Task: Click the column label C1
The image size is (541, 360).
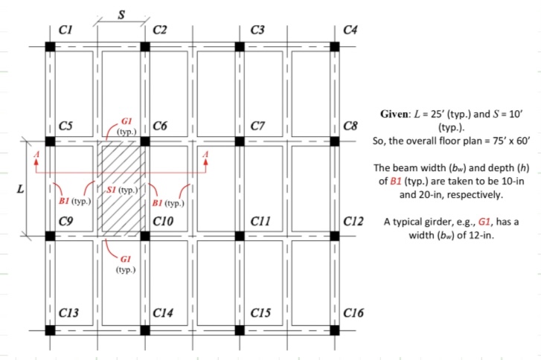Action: (x=65, y=30)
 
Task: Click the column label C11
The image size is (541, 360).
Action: (x=260, y=221)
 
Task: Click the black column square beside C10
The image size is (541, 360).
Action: (x=145, y=236)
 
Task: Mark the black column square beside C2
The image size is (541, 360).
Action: (x=145, y=46)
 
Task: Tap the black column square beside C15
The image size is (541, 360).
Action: (x=240, y=330)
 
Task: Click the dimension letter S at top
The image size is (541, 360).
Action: (x=121, y=12)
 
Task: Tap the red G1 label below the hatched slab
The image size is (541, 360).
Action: (x=125, y=258)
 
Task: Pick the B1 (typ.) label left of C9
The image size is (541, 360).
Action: (x=74, y=202)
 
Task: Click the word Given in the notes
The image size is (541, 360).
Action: (x=396, y=115)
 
